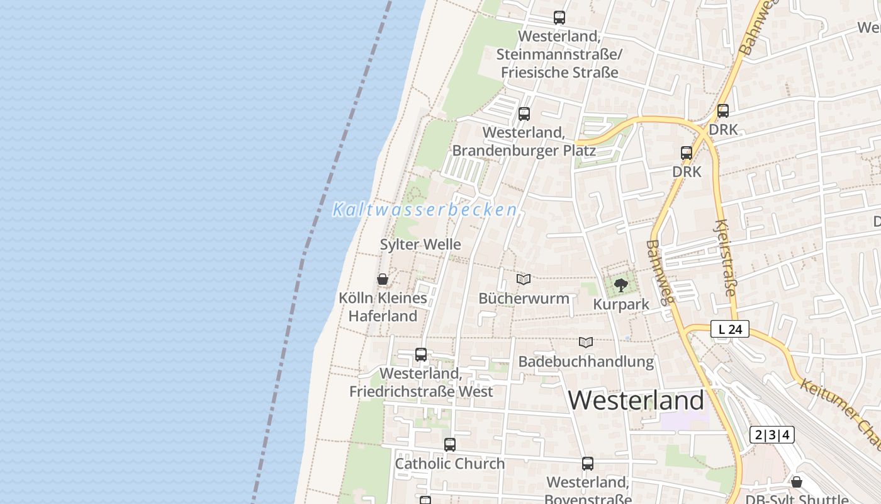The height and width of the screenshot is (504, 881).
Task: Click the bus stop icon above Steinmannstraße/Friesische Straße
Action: point(559,18)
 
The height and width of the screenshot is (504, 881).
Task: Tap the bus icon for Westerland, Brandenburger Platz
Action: point(524,114)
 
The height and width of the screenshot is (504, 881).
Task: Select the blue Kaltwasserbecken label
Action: point(425,210)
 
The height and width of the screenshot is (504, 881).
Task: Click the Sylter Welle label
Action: point(420,244)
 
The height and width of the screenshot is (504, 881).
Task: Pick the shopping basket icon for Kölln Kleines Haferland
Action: point(382,279)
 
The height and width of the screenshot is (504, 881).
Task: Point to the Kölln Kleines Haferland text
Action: point(383,307)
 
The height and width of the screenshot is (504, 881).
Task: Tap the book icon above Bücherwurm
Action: point(524,279)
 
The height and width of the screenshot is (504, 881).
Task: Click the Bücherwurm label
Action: point(524,298)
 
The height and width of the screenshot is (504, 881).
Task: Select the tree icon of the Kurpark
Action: point(621,285)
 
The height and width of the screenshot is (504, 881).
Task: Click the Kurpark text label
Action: point(621,304)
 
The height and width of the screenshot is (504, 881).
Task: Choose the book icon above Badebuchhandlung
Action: point(586,343)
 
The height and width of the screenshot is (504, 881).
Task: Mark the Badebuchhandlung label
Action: point(586,362)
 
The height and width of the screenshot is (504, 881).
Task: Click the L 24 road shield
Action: point(730,329)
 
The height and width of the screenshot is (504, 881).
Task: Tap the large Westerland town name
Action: point(636,400)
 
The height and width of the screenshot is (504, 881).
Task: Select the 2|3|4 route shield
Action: point(772,435)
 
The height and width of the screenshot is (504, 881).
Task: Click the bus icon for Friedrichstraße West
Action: point(421,355)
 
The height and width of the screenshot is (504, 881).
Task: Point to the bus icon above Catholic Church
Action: point(449,445)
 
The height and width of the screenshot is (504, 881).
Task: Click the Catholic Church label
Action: point(449,464)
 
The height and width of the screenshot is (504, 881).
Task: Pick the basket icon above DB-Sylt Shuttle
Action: point(797,482)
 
